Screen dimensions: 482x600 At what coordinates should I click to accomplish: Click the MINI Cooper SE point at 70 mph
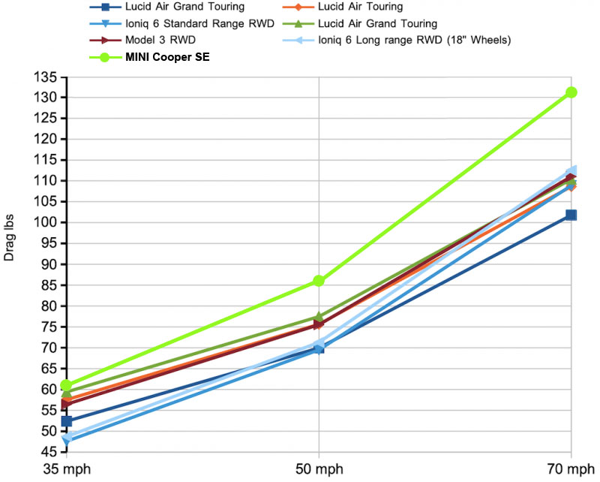tap(571, 92)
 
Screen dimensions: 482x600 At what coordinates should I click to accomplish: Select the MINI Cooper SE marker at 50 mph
tap(319, 281)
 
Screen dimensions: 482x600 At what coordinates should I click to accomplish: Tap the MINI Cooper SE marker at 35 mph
tap(67, 386)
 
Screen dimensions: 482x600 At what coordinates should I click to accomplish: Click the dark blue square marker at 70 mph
tap(571, 215)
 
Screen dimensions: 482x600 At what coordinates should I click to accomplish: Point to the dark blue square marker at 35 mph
tap(67, 421)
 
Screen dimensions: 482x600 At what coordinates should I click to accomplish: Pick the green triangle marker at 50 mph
tap(319, 317)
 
